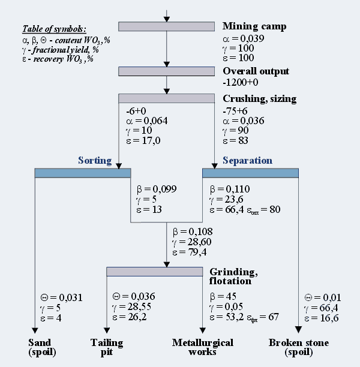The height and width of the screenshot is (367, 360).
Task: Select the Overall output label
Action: tap(255, 71)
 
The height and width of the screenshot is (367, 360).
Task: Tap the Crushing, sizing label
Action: tap(259, 98)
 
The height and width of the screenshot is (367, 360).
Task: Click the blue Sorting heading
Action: tap(95, 161)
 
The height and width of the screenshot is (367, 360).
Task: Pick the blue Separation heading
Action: tap(247, 161)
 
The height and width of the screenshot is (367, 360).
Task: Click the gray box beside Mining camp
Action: tap(166, 26)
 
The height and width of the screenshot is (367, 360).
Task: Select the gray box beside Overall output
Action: tap(166, 71)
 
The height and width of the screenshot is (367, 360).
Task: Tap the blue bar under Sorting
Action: tap(83, 173)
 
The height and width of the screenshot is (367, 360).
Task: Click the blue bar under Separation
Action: tap(250, 173)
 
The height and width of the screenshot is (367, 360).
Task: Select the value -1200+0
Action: tap(240, 82)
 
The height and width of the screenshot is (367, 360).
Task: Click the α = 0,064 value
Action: tap(147, 121)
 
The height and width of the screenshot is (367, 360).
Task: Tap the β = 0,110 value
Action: tap(230, 188)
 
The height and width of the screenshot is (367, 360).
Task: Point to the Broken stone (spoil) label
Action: tap(298, 347)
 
